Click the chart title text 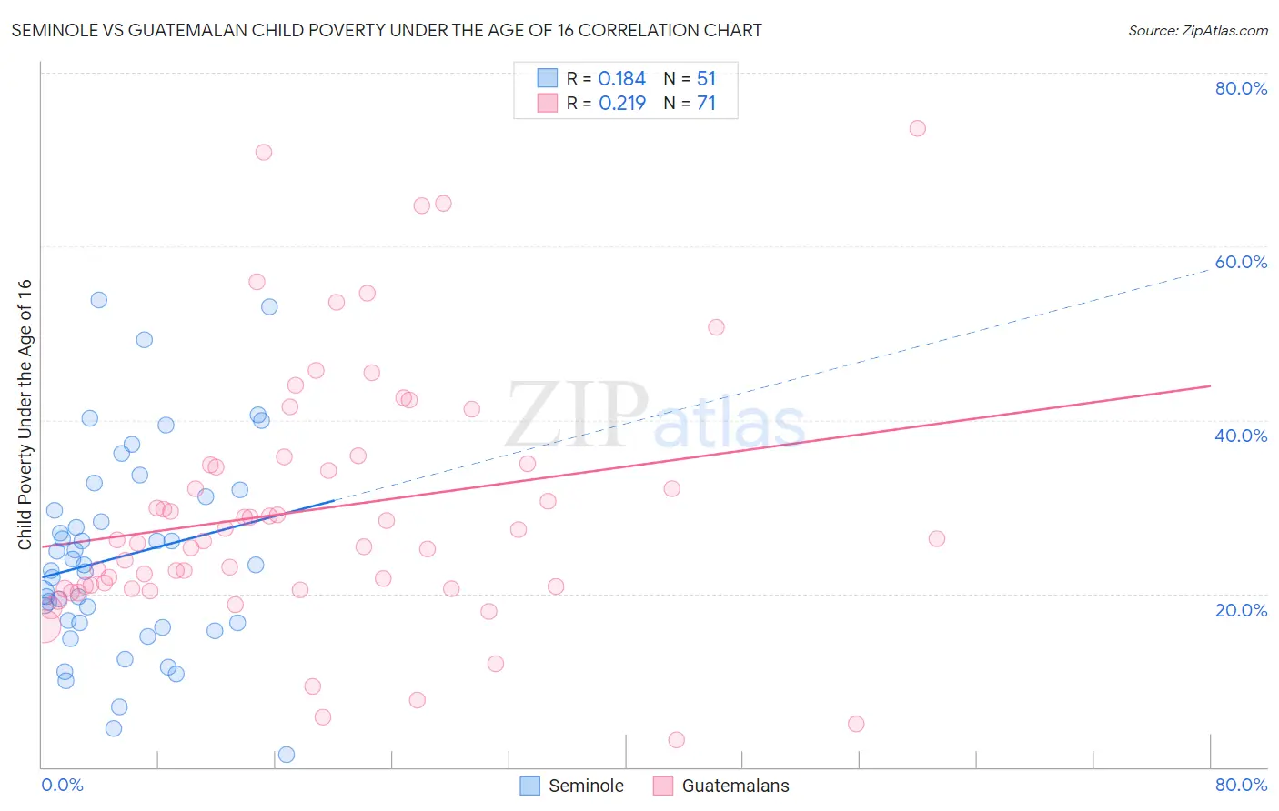[387, 30]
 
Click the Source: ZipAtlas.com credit [1197, 30]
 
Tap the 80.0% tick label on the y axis [1241, 88]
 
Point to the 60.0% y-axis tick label [1241, 262]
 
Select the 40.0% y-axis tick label [1241, 436]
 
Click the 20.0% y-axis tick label [1241, 609]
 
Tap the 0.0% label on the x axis [62, 785]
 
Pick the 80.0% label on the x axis [1241, 785]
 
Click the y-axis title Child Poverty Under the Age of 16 [25, 414]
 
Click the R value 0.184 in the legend [622, 79]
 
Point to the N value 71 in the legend [707, 104]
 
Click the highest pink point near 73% [917, 128]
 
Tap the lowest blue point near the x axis [286, 755]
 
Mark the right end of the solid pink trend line [1210, 386]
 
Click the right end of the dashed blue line [1210, 269]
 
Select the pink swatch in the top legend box [547, 103]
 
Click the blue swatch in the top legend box [547, 78]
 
